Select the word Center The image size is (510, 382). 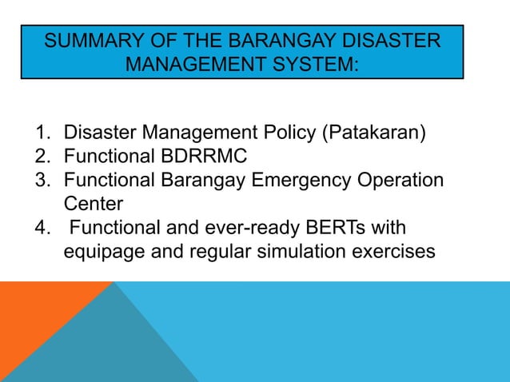coord(93,203)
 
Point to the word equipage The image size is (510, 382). coord(100,251)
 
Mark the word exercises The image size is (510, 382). coord(392,251)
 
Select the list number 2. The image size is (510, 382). coord(40,156)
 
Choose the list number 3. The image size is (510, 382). coord(40,180)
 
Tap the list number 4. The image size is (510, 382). coord(40,227)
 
